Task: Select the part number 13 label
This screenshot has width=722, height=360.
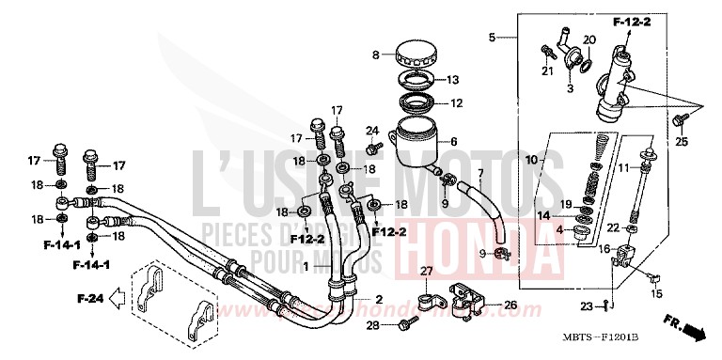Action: point(453,79)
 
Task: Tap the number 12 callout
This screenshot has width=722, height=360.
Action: point(456,103)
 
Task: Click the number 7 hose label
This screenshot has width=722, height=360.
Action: point(480,173)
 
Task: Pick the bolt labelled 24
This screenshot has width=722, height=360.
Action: point(374,149)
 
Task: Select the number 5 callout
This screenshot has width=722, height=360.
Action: point(492,38)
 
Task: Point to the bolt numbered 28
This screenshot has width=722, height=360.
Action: point(406,324)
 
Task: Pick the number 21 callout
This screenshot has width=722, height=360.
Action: point(546,71)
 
